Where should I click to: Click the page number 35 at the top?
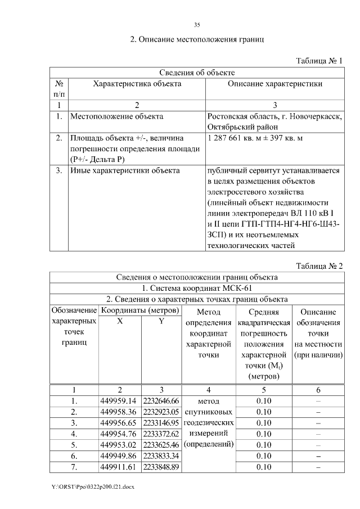(197, 25)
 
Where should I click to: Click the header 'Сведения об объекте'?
(197, 73)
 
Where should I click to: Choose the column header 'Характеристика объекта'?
(137, 84)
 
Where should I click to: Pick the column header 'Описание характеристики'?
(274, 84)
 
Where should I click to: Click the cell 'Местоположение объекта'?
(117, 116)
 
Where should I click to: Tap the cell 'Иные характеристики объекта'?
(125, 170)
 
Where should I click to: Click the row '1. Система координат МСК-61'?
(197, 288)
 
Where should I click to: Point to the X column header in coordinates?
(120, 321)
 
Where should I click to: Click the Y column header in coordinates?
(161, 321)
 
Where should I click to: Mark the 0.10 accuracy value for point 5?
(264, 445)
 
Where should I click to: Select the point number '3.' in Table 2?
(74, 423)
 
